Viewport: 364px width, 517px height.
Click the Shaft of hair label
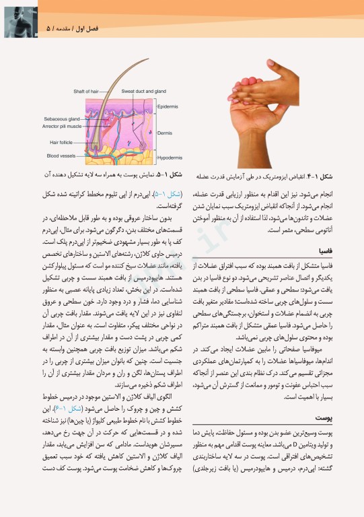[87, 92]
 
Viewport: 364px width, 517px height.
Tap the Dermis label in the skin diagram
[164, 133]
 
